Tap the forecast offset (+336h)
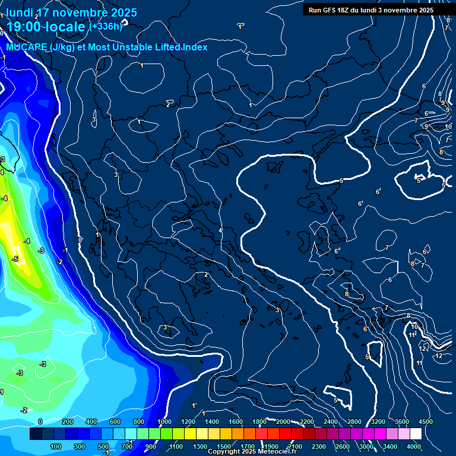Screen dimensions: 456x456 (x=105, y=26)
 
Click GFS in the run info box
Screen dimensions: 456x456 (x=335, y=10)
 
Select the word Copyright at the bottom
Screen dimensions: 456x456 (x=224, y=452)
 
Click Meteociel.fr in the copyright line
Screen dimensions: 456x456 (x=275, y=452)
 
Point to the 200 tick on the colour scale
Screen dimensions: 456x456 (x=67, y=422)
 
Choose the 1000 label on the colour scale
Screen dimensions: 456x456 (x=164, y=422)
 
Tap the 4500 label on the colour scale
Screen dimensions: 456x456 (x=426, y=422)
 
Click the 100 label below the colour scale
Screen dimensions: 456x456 (x=56, y=446)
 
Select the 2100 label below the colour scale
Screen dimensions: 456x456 (x=294, y=446)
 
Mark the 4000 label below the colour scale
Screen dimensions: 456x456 (x=414, y=446)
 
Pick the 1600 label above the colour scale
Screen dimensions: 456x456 (x=235, y=422)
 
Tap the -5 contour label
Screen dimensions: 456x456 (x=15, y=259)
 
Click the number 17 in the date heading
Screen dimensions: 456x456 (x=43, y=12)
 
